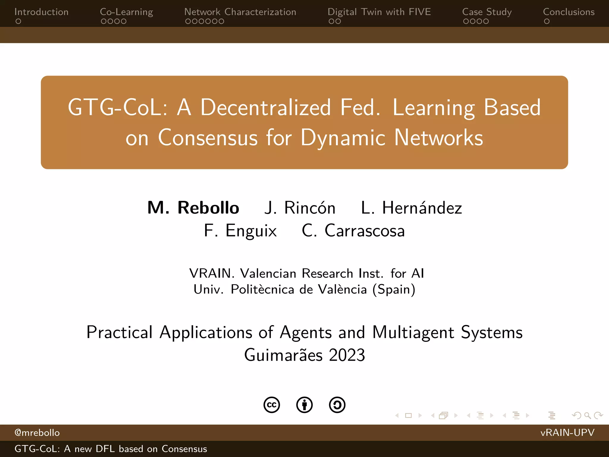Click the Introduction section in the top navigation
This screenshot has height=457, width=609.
[41, 12]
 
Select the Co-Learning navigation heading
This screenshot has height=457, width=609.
[126, 12]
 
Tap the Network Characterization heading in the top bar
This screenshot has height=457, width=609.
[240, 12]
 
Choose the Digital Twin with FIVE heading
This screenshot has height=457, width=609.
[379, 12]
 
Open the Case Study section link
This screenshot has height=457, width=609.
[487, 12]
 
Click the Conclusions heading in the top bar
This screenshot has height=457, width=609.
[569, 12]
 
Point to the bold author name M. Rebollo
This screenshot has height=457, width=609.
[193, 208]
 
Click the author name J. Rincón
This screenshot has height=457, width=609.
[300, 208]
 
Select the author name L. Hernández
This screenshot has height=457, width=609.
[411, 208]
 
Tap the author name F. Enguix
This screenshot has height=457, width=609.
[240, 231]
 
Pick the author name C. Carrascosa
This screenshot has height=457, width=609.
[353, 231]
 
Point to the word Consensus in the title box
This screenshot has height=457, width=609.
[208, 138]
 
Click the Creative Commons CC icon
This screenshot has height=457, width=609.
[271, 405]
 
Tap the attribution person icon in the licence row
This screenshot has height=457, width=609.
[304, 405]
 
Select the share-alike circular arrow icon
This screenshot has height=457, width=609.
[337, 405]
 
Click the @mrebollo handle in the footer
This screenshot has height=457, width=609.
[37, 433]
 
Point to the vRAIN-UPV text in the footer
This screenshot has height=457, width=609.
[567, 432]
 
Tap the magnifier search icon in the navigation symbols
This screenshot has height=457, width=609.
[587, 415]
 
